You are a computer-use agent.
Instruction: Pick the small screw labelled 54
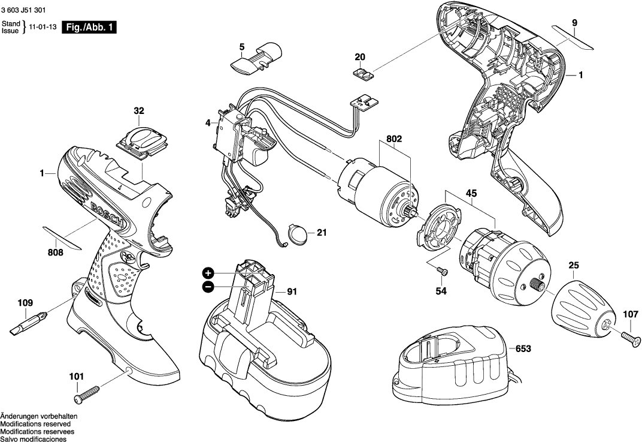[x=441, y=271]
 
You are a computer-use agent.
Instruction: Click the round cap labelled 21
[x=298, y=233]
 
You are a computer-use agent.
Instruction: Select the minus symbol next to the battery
[x=208, y=287]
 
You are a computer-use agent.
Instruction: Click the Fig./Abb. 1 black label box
[x=90, y=27]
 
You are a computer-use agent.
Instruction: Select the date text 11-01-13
[x=43, y=27]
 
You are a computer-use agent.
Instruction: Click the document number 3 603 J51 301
[x=23, y=10]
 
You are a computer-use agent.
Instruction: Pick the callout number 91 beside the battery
[x=292, y=292]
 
